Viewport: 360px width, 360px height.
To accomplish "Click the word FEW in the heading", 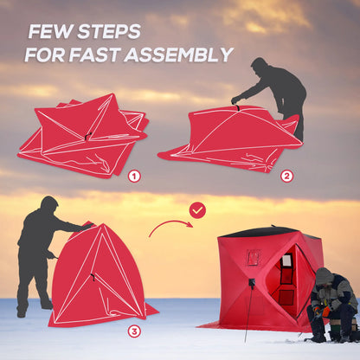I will coord(50,32).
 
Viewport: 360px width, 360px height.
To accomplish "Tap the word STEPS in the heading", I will coord(107,32).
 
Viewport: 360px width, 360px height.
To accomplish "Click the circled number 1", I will coord(134,176).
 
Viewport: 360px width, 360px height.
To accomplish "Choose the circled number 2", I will coord(286,176).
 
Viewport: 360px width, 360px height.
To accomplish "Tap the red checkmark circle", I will coord(197,210).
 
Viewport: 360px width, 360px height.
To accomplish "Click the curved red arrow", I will coord(170,227).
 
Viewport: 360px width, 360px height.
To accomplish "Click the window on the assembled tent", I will coord(286,262).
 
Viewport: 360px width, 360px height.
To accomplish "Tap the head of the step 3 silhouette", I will coord(48,204).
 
